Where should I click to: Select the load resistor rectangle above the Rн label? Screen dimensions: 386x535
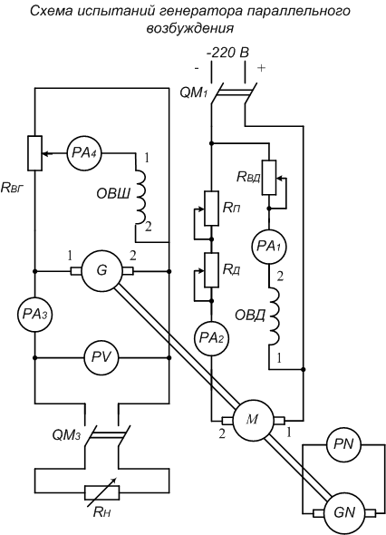[101, 493]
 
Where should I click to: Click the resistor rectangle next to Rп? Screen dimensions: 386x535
[211, 209]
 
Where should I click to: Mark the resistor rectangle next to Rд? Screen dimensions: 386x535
[211, 270]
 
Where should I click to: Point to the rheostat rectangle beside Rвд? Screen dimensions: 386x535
[269, 178]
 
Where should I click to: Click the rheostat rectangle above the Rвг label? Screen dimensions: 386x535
[34, 153]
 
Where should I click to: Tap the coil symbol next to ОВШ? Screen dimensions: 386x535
[140, 197]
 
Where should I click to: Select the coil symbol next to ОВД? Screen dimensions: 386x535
[274, 316]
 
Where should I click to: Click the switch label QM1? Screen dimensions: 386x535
[194, 92]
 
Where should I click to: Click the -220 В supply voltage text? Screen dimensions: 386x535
[227, 53]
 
